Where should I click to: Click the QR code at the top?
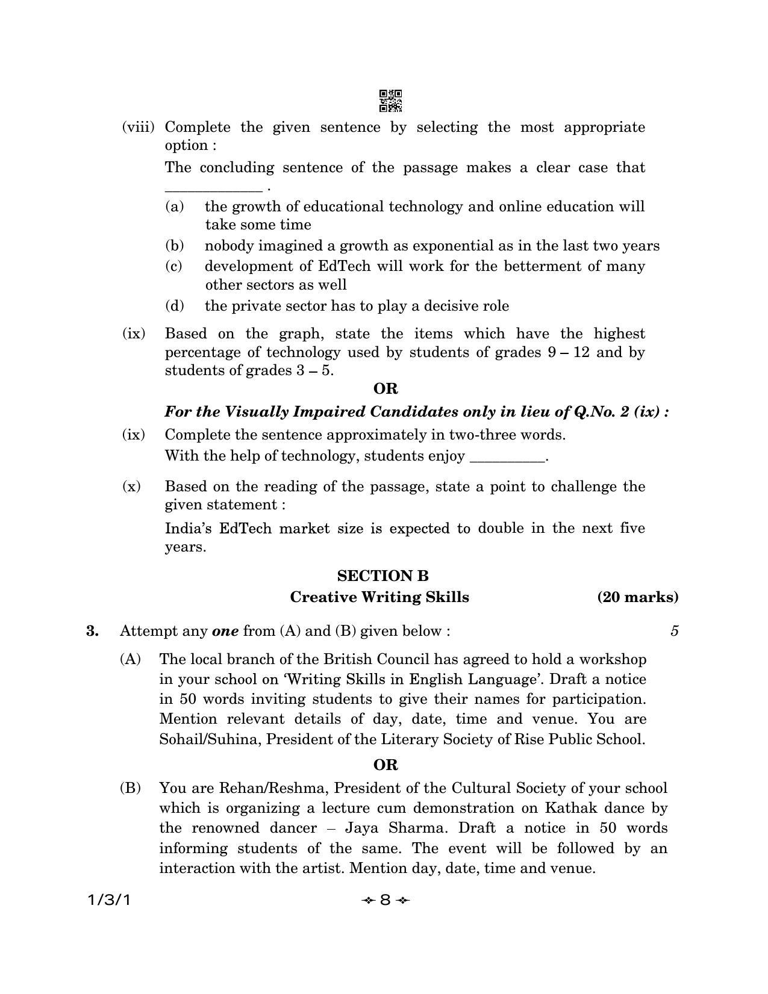point(390,101)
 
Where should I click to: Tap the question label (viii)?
point(138,127)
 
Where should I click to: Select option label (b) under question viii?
point(174,246)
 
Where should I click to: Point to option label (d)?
point(174,306)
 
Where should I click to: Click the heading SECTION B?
point(383,576)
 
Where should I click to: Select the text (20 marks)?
point(637,597)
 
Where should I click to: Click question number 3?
point(92,631)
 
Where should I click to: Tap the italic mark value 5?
point(674,631)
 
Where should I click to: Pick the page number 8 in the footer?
point(386,900)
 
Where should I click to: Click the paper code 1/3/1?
point(108,900)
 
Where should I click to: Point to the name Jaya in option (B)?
point(361,828)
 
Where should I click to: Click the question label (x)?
point(131,486)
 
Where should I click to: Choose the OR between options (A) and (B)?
point(386,765)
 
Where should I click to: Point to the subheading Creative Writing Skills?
point(379,597)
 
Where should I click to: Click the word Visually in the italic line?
point(252,412)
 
